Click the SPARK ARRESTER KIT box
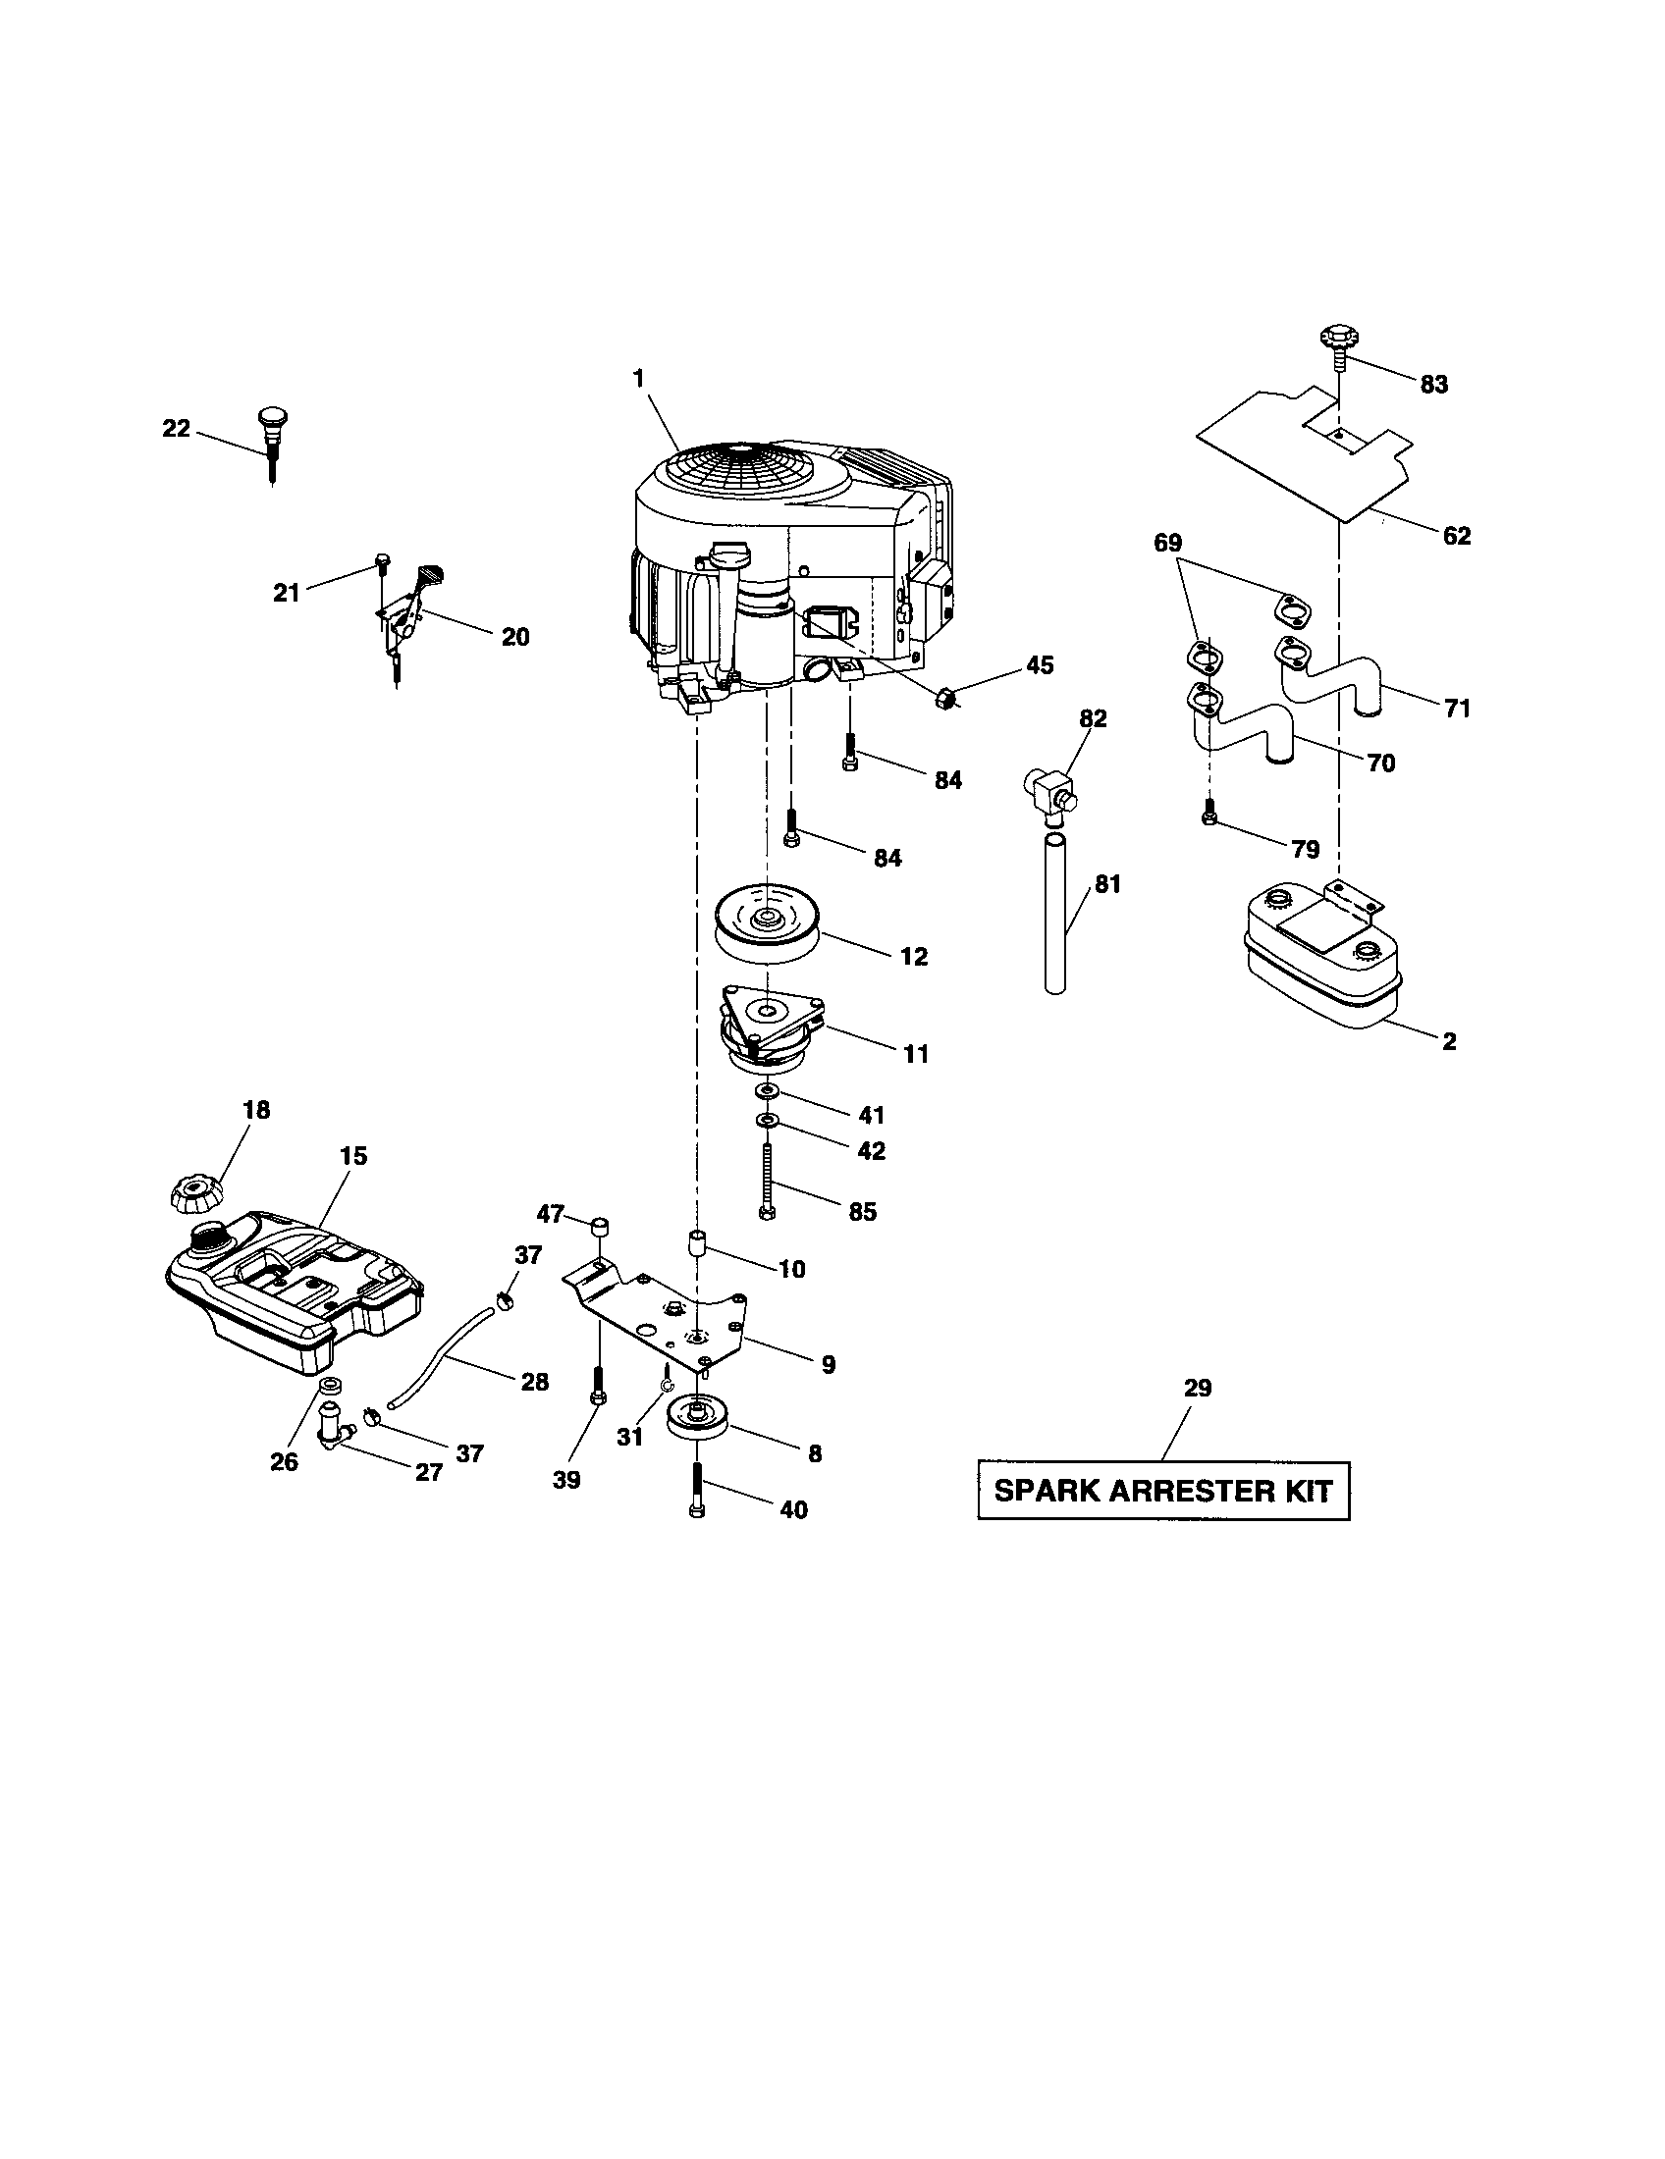pos(1162,1491)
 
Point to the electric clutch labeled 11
pos(770,1030)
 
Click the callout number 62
pos(1456,536)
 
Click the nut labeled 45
pos(944,699)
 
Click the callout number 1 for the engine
pos(639,379)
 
